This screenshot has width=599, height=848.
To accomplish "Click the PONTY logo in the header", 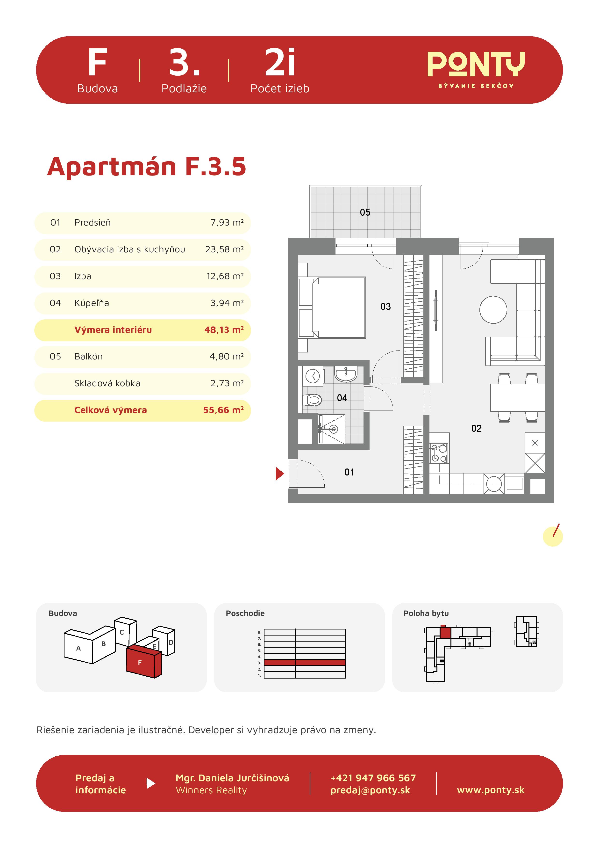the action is tap(476, 69).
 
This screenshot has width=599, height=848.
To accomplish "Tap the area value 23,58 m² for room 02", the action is tap(224, 249).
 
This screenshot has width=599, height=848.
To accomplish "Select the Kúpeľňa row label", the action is tap(92, 303).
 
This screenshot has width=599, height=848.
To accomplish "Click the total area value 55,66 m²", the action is tap(223, 410).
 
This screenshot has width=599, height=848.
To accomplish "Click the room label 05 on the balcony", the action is tap(365, 212).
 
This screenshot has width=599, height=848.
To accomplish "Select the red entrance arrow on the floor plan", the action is tap(280, 474).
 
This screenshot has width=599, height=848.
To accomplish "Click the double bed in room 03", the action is tap(332, 308).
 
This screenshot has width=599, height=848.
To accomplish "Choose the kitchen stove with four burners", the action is tap(439, 453).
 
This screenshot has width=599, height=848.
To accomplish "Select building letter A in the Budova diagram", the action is tap(78, 648).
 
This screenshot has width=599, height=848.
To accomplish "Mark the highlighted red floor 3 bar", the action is tap(305, 663).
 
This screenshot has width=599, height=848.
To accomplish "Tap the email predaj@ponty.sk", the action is tap(370, 790).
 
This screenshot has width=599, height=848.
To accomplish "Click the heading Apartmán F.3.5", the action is tap(147, 167).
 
